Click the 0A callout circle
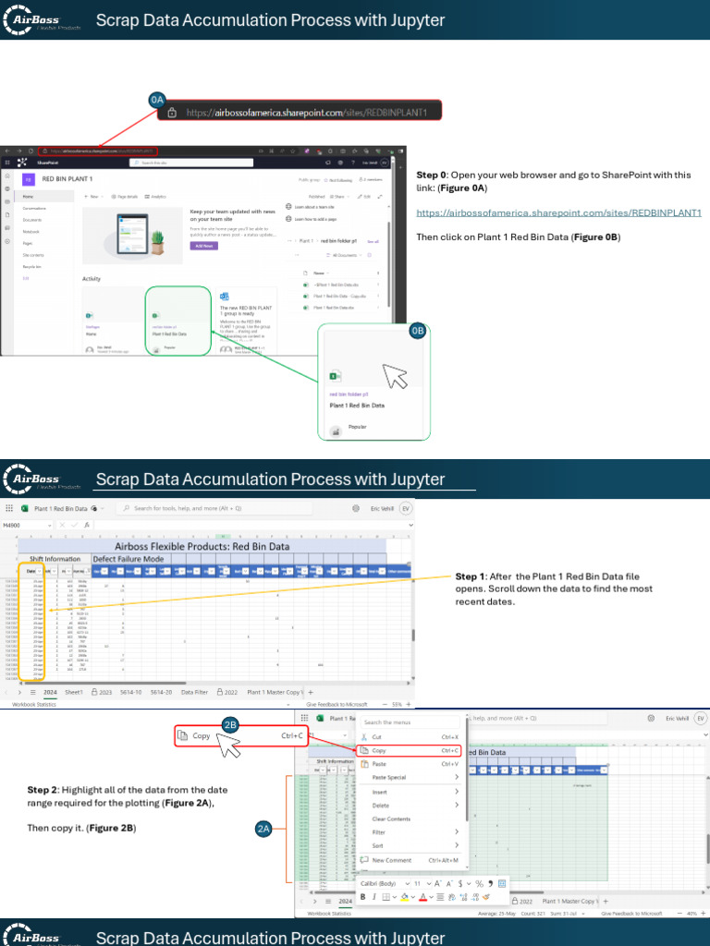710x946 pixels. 157,99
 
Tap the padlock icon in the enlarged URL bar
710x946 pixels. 172,113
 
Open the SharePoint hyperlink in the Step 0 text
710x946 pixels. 558,212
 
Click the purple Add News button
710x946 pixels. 203,246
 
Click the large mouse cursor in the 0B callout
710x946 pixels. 395,376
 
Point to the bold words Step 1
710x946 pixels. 471,576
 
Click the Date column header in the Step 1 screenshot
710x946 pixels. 31,572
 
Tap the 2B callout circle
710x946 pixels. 231,699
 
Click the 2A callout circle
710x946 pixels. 263,830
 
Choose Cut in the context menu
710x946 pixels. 376,737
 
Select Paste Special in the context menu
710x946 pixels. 388,778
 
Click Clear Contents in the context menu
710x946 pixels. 391,819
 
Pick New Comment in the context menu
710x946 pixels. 391,860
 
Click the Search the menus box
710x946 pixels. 407,722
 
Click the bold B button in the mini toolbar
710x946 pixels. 362,897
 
